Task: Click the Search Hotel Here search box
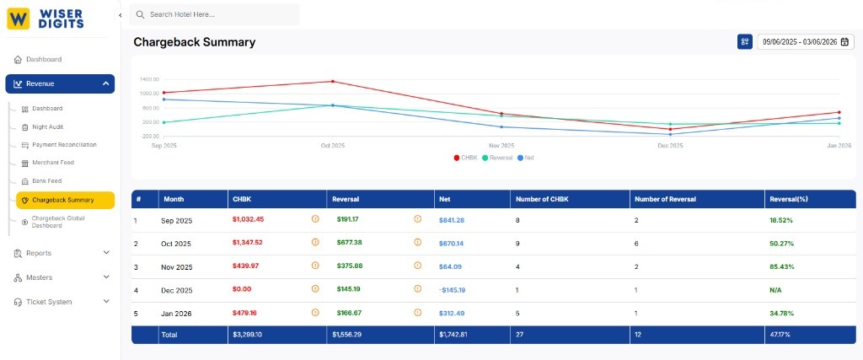(x=214, y=14)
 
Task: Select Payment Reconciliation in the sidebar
(x=64, y=145)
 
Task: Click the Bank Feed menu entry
(x=46, y=181)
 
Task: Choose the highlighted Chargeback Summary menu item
(x=63, y=200)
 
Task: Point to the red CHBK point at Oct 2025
(x=333, y=82)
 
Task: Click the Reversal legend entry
(x=496, y=158)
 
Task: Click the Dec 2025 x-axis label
(x=670, y=146)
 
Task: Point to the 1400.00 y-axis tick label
(x=149, y=78)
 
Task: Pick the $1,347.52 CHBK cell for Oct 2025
(x=248, y=243)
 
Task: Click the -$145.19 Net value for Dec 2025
(x=452, y=290)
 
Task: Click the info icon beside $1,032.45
(x=315, y=219)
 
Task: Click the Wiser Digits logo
(x=46, y=19)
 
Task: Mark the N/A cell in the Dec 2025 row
(x=775, y=290)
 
